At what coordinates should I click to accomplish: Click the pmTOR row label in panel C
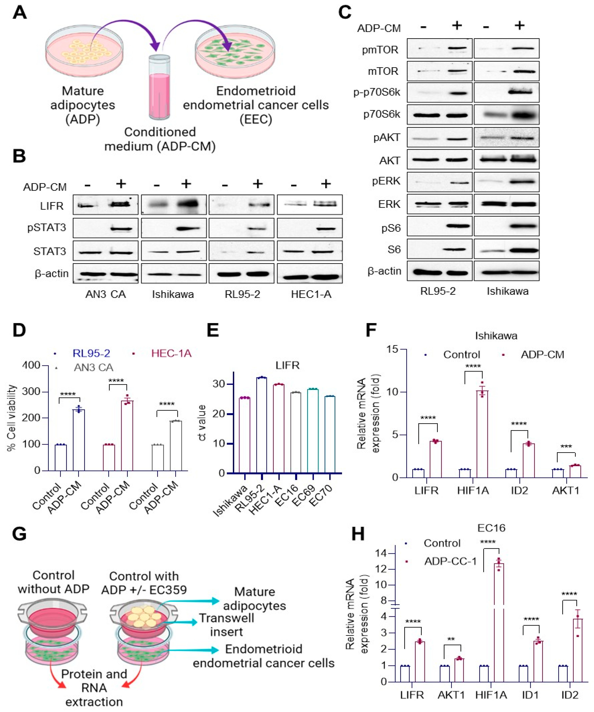[x=380, y=50]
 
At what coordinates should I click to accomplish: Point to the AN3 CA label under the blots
[x=106, y=294]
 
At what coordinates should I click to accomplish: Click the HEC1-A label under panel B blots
[x=311, y=294]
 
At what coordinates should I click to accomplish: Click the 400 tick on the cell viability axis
[x=31, y=365]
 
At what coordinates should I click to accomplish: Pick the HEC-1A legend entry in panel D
[x=171, y=354]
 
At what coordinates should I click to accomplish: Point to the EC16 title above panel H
[x=491, y=528]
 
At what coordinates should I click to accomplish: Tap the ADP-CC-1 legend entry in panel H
[x=450, y=561]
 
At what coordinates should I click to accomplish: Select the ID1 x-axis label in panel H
[x=530, y=695]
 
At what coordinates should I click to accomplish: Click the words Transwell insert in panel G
[x=226, y=625]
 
